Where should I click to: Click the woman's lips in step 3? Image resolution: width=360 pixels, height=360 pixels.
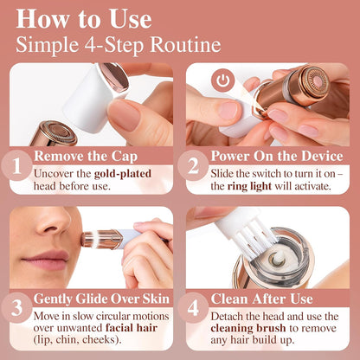click(x=47, y=260)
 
